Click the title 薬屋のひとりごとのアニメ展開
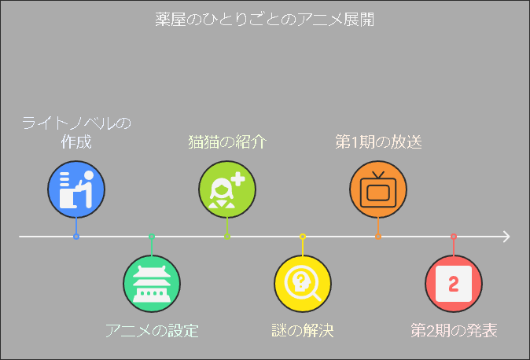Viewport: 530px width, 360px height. point(265,20)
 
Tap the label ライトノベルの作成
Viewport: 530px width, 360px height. point(76,133)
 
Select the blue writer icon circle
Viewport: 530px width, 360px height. point(76,189)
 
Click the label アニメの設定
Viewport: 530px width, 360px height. point(152,330)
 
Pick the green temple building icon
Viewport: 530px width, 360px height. point(152,284)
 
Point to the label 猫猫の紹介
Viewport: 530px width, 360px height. point(227,142)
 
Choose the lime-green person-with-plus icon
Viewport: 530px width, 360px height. point(227,189)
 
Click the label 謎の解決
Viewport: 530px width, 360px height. point(303,330)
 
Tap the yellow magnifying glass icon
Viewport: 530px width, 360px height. point(303,284)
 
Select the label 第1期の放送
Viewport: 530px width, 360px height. point(378,142)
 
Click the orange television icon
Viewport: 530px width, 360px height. point(378,189)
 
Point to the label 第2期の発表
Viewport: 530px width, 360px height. point(454,330)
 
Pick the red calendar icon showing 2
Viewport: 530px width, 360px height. point(454,284)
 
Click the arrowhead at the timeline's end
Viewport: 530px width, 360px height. point(506,237)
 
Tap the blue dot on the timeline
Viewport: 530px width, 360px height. point(76,237)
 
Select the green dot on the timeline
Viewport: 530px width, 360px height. point(152,237)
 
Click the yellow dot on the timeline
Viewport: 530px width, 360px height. point(303,237)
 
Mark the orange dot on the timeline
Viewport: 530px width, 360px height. point(378,237)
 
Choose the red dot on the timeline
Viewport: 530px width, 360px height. point(454,237)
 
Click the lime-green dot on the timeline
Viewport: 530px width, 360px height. point(227,237)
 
